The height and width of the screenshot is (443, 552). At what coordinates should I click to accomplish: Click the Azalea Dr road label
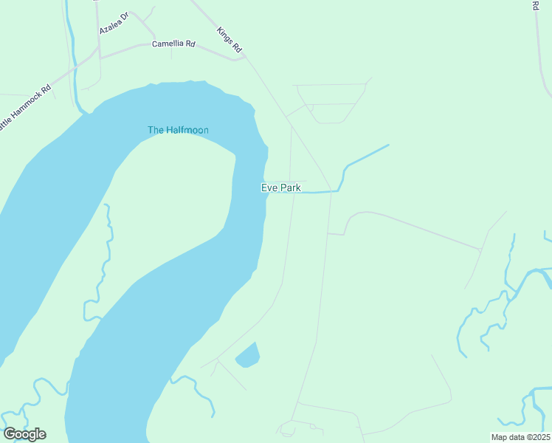coord(114,23)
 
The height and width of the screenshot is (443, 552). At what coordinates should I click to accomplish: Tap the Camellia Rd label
coord(173,44)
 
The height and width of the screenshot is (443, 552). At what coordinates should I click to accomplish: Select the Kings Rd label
coord(230,40)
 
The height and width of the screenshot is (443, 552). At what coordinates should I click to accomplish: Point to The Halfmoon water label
coord(178,131)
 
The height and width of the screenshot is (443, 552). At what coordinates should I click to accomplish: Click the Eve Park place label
coord(280,188)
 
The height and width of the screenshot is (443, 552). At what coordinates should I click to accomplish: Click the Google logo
coord(24,434)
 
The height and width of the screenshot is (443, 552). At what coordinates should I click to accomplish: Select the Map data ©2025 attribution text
coord(520,437)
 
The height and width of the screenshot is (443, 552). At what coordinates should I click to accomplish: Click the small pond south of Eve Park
coord(248,356)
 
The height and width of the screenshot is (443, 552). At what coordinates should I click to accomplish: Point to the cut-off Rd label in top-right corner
coord(535,5)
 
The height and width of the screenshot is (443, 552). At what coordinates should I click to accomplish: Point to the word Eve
coord(269,188)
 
